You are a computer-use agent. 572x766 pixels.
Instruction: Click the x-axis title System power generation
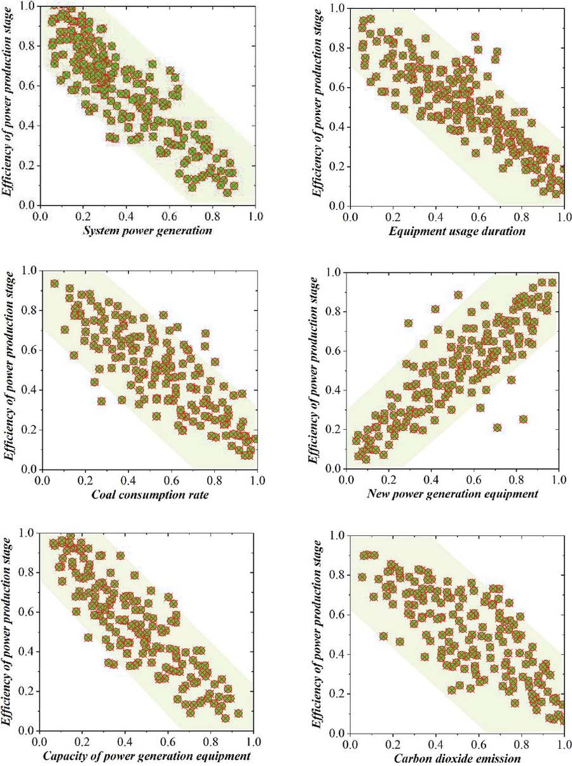147,231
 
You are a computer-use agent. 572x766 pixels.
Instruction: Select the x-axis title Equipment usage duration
456,231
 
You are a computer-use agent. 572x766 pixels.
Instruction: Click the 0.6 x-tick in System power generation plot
169,216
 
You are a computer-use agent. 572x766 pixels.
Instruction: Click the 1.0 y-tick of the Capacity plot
27,533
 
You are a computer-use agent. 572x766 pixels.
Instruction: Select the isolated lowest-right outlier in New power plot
523,419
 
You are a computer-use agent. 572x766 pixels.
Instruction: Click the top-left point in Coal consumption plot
54,284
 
